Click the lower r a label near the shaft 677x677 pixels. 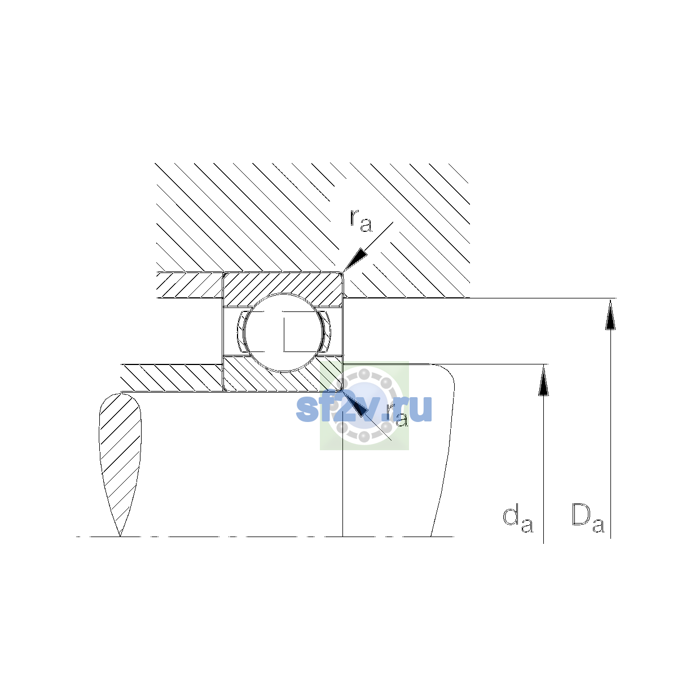click(x=397, y=415)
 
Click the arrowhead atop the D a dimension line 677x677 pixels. click(x=610, y=314)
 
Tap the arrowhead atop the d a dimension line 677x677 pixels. click(x=543, y=380)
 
